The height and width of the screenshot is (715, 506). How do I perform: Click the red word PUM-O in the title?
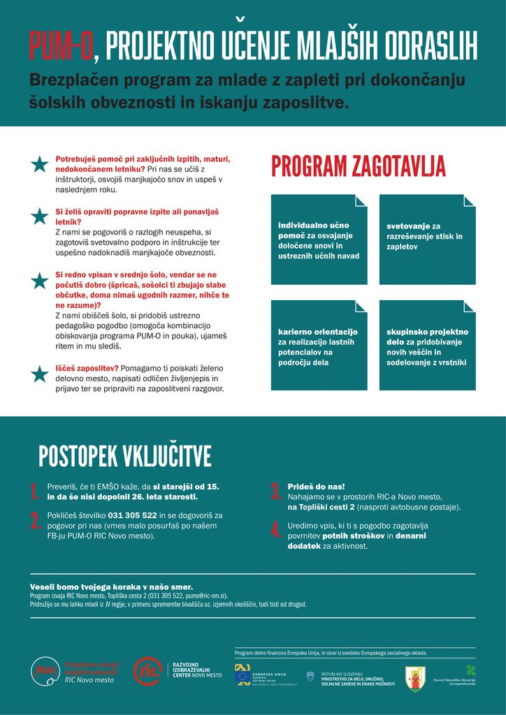tap(61, 47)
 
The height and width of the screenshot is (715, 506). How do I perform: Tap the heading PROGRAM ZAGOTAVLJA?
tap(358, 167)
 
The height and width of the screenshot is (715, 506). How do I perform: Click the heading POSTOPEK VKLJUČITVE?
tap(124, 456)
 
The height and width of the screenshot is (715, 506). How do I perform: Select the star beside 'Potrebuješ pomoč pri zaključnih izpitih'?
tap(40, 165)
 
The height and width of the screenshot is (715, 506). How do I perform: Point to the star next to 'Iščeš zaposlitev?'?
tap(40, 374)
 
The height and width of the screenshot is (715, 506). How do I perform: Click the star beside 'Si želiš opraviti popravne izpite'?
tap(40, 216)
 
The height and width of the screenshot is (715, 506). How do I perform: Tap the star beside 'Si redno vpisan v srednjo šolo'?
tap(40, 281)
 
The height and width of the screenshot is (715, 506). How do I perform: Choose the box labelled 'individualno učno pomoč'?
tap(319, 239)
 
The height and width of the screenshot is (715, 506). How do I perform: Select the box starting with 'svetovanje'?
tap(427, 239)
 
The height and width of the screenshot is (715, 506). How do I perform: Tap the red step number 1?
tap(34, 492)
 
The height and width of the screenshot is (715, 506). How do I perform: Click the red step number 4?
tap(275, 530)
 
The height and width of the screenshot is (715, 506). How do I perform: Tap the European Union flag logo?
tap(243, 675)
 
